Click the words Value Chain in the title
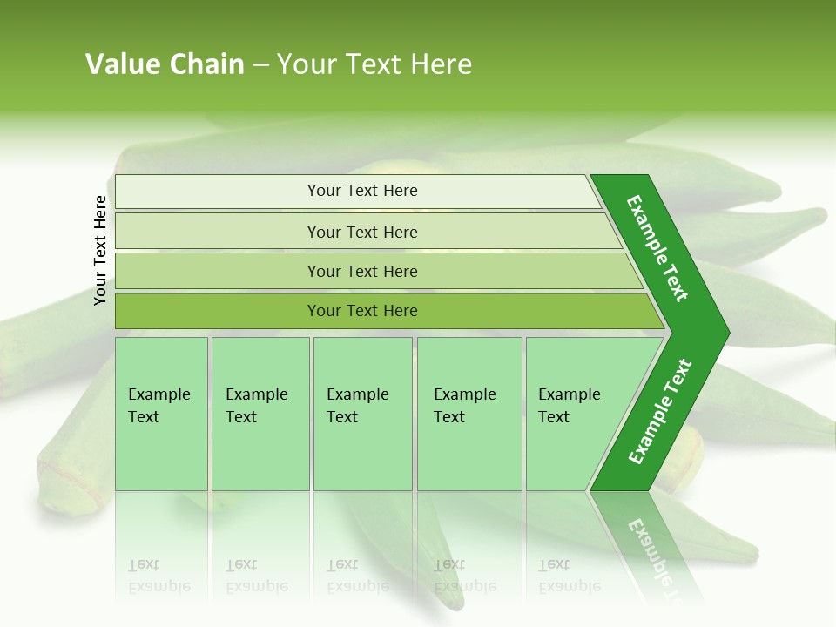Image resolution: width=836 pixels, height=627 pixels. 165,64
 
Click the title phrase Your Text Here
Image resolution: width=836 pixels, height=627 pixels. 374,64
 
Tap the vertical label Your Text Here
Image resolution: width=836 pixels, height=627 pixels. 100,250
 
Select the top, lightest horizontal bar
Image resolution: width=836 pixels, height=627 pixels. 357,191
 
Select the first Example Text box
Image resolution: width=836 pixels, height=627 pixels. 161,414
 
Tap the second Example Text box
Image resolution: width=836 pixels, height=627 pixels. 260,414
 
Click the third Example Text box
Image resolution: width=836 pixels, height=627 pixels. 362,414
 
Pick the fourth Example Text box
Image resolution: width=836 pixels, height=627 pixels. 469,414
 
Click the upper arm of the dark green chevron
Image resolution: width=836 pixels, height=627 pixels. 657,248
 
